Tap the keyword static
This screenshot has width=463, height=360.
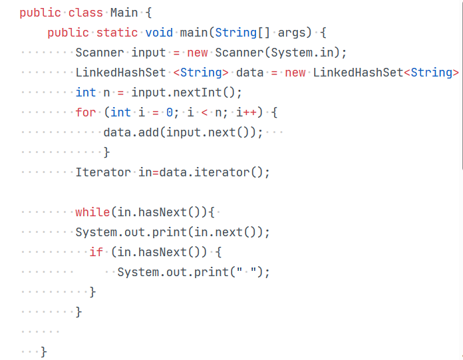pos(117,33)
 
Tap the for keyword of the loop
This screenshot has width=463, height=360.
pos(86,112)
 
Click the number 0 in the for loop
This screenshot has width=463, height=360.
pos(169,112)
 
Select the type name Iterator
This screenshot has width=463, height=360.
pos(103,172)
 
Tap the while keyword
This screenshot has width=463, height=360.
pos(92,212)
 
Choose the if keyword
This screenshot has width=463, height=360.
pos(96,252)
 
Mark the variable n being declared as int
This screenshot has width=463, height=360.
pos(106,92)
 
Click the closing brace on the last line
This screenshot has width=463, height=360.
pos(44,351)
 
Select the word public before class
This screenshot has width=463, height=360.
pos(40,13)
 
